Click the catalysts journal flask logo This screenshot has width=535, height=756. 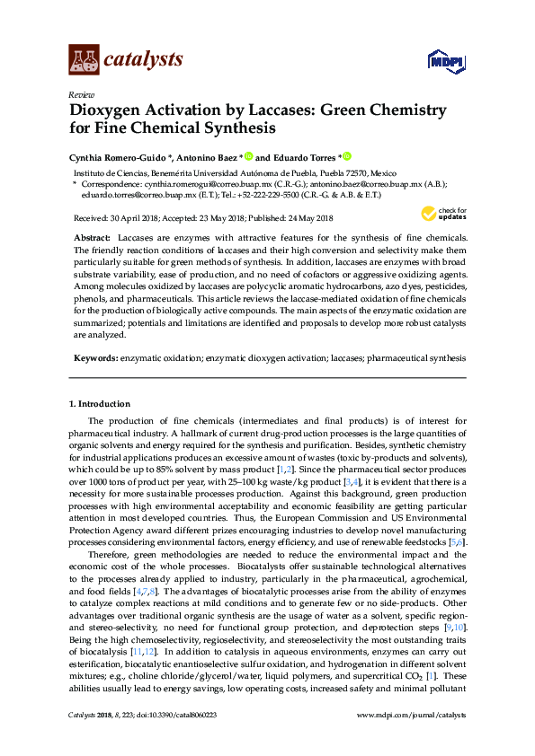84,59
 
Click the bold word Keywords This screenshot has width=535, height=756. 94,356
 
